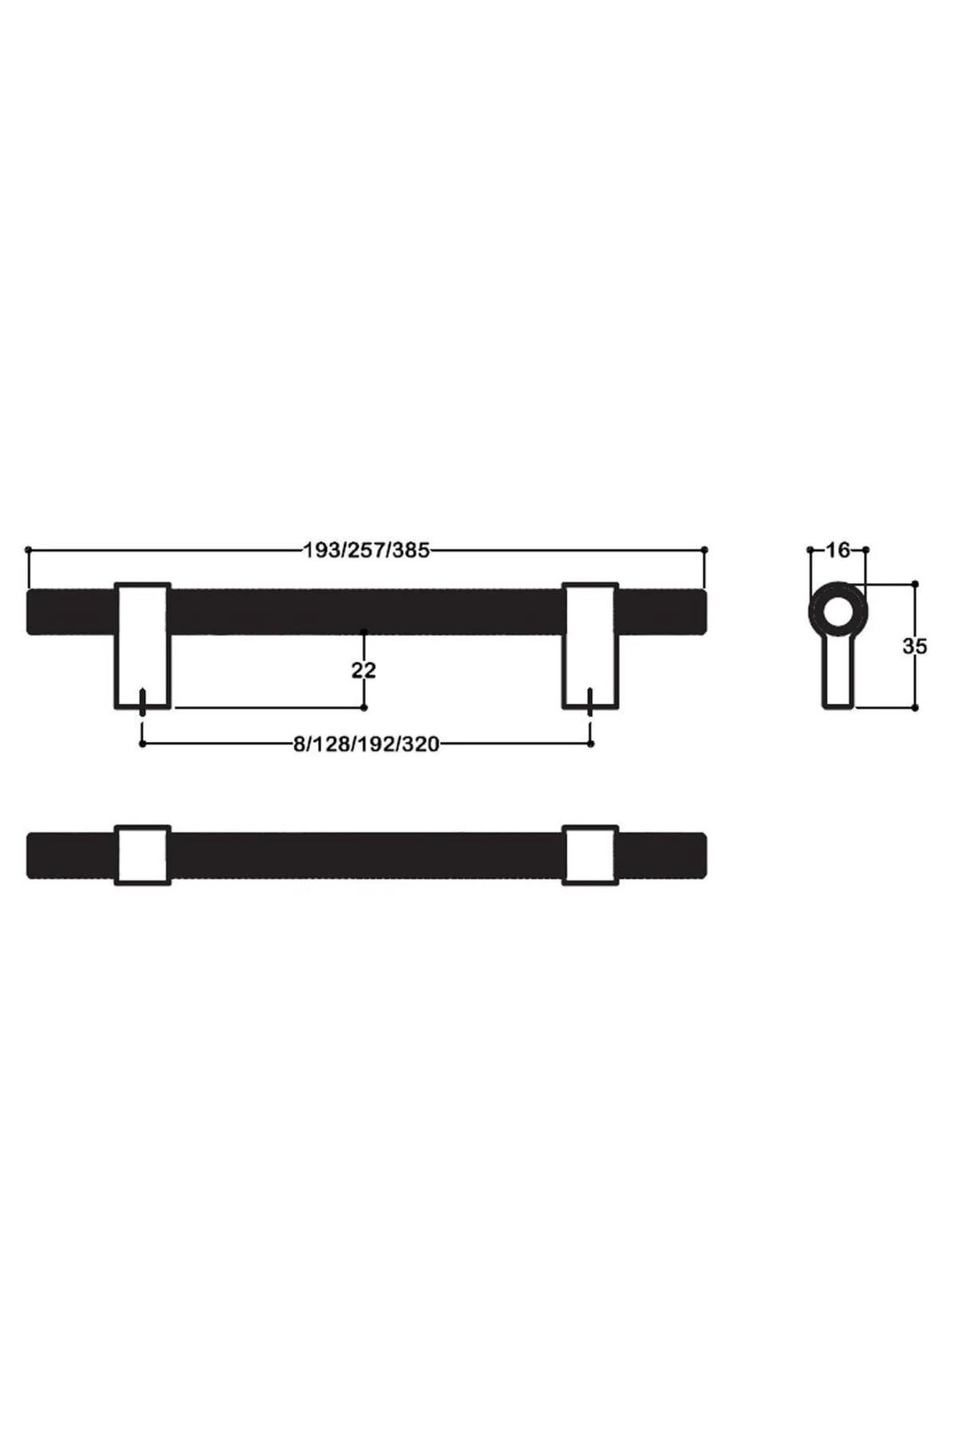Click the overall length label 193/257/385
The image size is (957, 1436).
pyautogui.click(x=366, y=550)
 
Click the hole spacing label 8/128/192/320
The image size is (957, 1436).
pyautogui.click(x=366, y=744)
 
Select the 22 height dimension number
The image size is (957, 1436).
pyautogui.click(x=364, y=670)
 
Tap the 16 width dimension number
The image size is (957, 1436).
pyautogui.click(x=837, y=550)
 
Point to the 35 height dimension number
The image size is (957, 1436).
pyautogui.click(x=915, y=646)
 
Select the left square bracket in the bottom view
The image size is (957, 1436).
pyautogui.click(x=143, y=855)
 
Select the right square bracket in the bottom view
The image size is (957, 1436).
pyautogui.click(x=590, y=855)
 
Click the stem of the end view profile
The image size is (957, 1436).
pyautogui.click(x=837, y=678)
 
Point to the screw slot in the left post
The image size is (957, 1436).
pyautogui.click(x=143, y=699)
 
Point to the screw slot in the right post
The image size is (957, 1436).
pyautogui.click(x=590, y=699)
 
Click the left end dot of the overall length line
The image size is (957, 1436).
pyautogui.click(x=28, y=550)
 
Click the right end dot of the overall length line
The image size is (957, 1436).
pyautogui.click(x=705, y=550)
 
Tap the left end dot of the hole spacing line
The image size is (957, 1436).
pyautogui.click(x=143, y=744)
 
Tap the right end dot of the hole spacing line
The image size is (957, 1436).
pyautogui.click(x=590, y=744)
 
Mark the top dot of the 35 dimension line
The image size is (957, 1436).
pyautogui.click(x=915, y=584)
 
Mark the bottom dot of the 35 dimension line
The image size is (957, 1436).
pyautogui.click(x=915, y=708)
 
